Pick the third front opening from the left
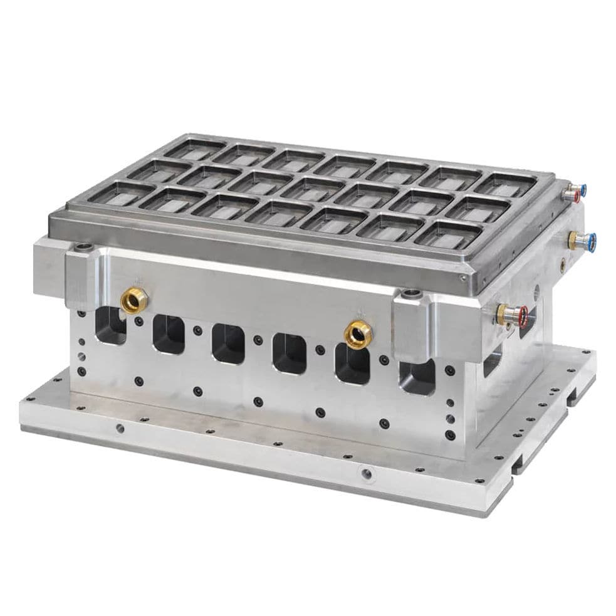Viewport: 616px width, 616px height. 227,342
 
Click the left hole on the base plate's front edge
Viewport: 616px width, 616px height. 120,429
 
